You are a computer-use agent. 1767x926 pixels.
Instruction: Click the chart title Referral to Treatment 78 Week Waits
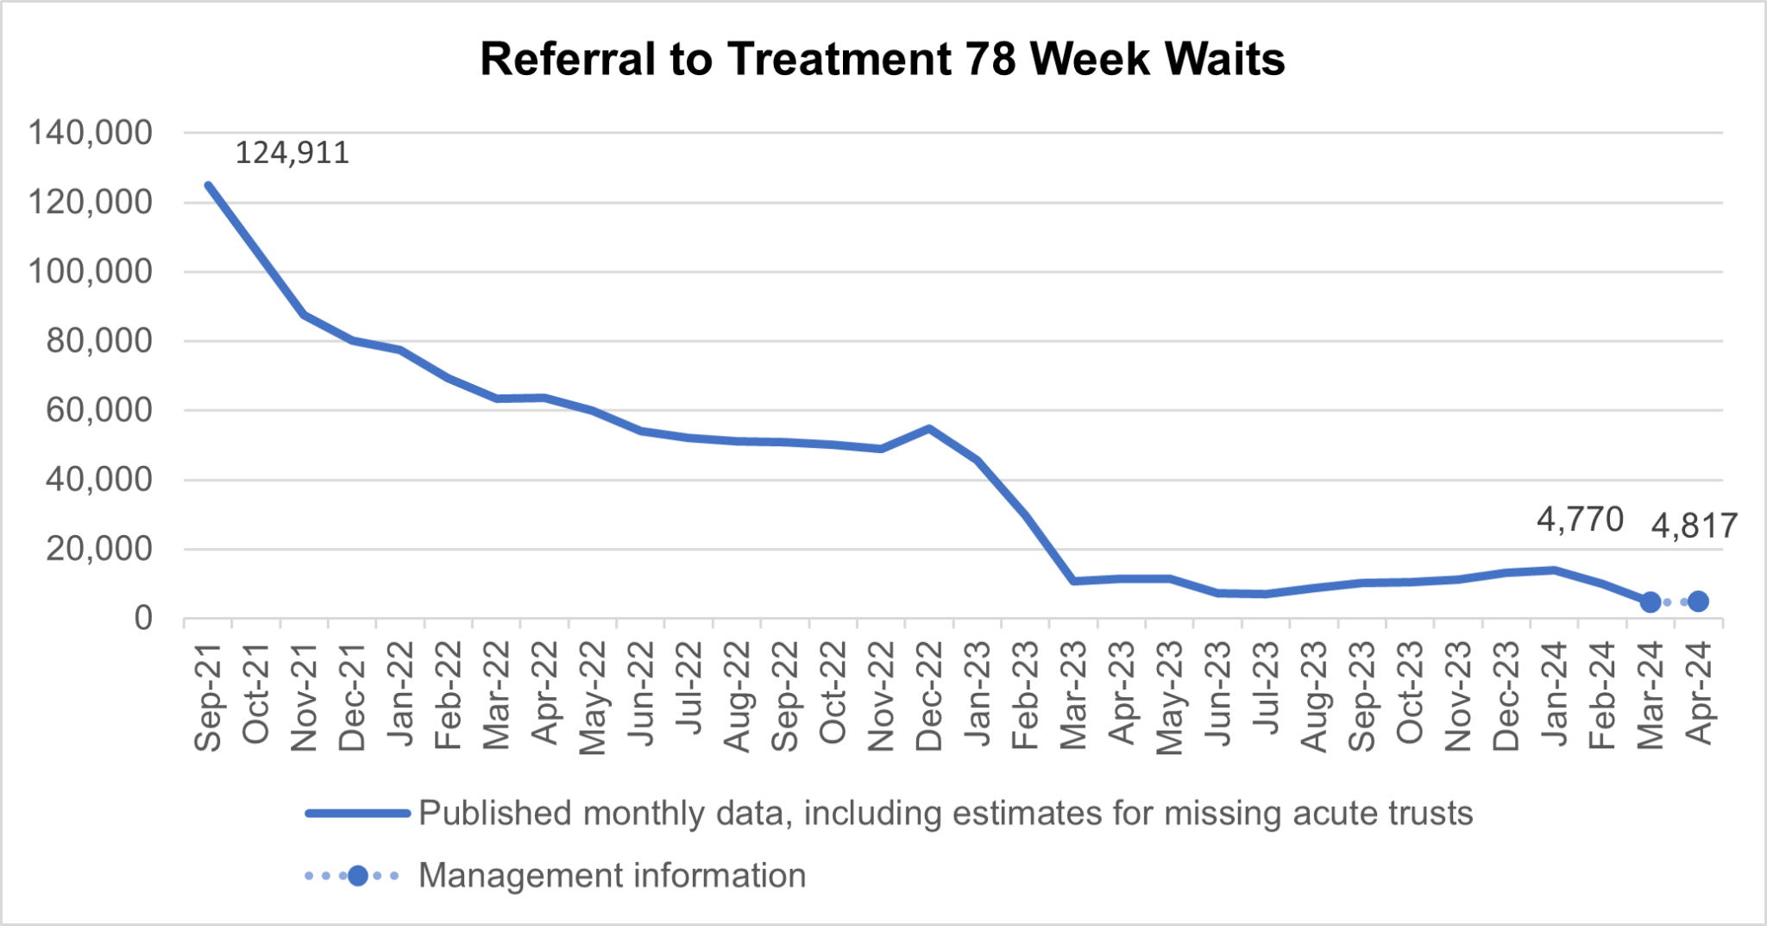click(882, 60)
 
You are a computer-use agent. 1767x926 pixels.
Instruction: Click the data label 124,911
click(292, 153)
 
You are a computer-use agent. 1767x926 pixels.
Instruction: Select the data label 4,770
click(1580, 520)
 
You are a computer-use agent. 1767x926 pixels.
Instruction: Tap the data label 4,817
click(1694, 526)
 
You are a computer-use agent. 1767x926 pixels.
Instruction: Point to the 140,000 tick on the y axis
click(91, 133)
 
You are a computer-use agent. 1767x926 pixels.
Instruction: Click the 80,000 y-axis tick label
click(99, 341)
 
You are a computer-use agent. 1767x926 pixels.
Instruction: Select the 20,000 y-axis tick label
click(99, 549)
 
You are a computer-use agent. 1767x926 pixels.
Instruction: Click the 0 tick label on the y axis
click(143, 618)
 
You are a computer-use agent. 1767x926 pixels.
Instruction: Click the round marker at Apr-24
click(1698, 602)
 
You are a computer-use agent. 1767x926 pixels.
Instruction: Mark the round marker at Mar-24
click(1650, 602)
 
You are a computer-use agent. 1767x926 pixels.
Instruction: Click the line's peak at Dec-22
click(928, 428)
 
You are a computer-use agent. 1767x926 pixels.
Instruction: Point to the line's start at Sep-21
click(208, 185)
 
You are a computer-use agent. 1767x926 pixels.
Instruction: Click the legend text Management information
click(612, 876)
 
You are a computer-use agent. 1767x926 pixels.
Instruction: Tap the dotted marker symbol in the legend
click(357, 876)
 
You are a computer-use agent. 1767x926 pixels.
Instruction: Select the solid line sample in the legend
click(357, 813)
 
